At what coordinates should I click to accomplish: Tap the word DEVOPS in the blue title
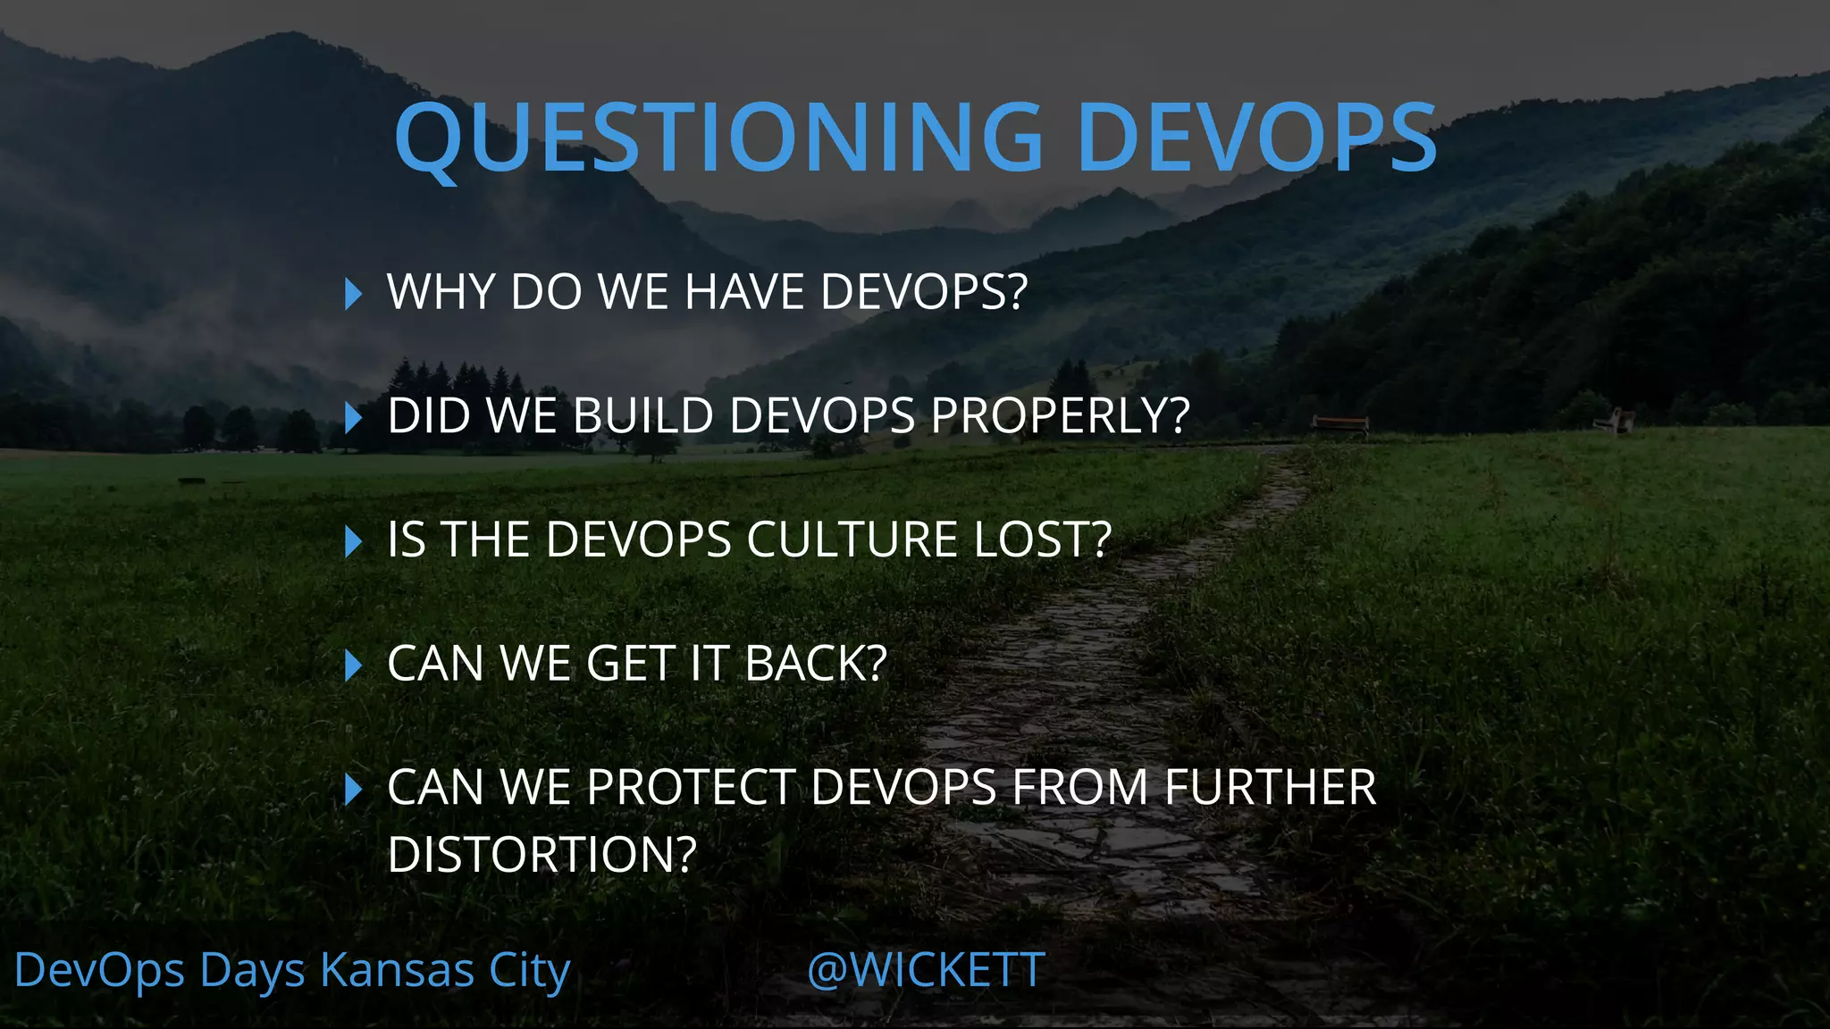point(1257,137)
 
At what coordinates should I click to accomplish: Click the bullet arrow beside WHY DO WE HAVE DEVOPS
point(353,293)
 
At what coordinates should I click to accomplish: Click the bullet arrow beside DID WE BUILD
point(353,417)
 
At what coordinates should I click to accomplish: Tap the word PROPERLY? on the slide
point(1061,416)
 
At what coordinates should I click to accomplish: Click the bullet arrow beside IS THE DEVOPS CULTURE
point(353,541)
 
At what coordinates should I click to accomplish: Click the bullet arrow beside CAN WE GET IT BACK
point(353,665)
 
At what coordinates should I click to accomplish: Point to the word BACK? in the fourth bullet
point(816,665)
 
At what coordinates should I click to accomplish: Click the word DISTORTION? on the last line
point(541,855)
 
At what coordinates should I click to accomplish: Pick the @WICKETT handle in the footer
point(926,970)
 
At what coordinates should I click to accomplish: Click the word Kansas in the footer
point(397,970)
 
